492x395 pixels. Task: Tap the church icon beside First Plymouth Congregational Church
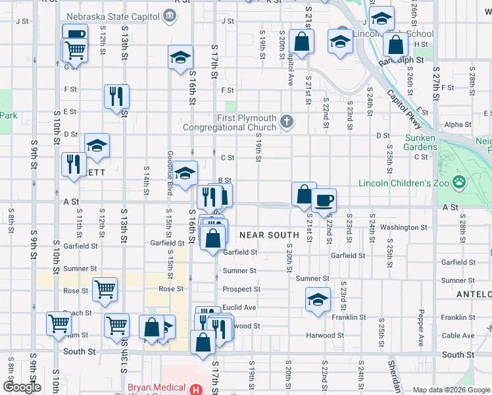[x=286, y=121]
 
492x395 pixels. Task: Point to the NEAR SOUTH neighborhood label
[x=269, y=235]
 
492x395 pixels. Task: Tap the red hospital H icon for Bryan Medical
[x=195, y=390]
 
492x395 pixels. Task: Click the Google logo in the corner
[x=22, y=387]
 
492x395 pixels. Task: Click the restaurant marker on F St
[x=116, y=96]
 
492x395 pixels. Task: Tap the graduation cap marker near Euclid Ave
[x=318, y=300]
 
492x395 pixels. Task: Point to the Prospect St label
[x=241, y=289]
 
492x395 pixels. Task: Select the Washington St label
[x=403, y=228]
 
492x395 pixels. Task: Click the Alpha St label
[x=453, y=124]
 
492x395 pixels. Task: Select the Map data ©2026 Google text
[x=451, y=390]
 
